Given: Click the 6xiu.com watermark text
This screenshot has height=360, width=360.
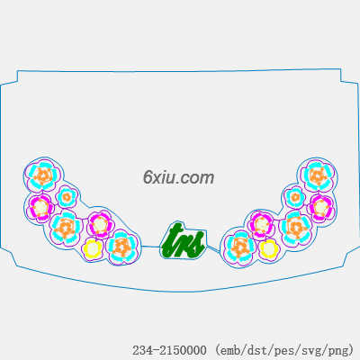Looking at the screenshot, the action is [178, 177].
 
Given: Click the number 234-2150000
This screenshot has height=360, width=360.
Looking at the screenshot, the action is [169, 350].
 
